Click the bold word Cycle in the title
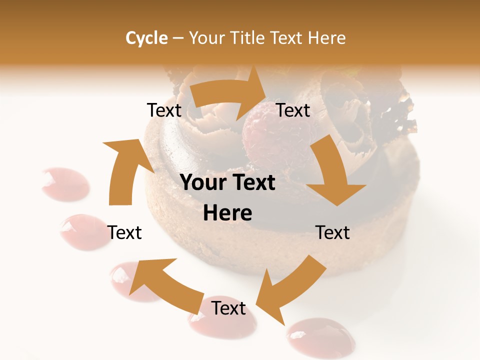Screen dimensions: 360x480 coord(146,37)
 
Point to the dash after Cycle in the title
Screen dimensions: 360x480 coord(177,38)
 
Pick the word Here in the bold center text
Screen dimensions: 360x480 coord(227,213)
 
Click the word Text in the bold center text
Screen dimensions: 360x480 coord(252,183)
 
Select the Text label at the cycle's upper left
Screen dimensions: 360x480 coord(164,110)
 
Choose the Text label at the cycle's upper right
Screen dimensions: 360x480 coord(293,110)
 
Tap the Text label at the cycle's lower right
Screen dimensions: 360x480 coord(332,232)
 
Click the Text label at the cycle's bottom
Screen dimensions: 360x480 coord(228,308)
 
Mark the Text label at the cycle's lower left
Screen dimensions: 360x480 coord(124,232)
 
